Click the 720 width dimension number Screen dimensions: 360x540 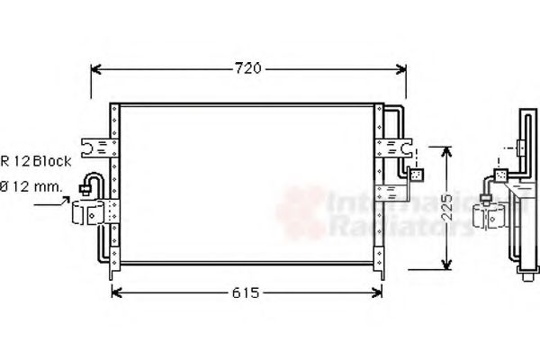(x=248, y=67)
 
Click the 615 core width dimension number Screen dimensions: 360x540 (x=246, y=292)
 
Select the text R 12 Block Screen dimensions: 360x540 (x=36, y=161)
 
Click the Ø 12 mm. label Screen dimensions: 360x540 (x=31, y=186)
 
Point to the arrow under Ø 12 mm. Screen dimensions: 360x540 (x=54, y=204)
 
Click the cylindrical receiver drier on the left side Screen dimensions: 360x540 (x=91, y=213)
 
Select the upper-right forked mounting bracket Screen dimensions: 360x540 (x=400, y=145)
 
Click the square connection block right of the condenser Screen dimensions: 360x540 (x=416, y=175)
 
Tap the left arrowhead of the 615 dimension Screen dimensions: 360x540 (x=114, y=292)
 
